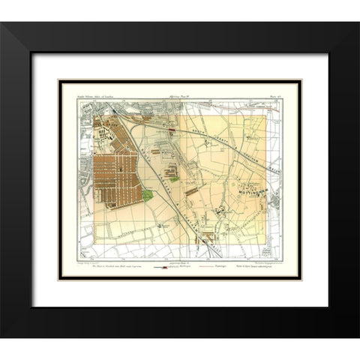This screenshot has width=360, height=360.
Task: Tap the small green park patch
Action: pos(148,194)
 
